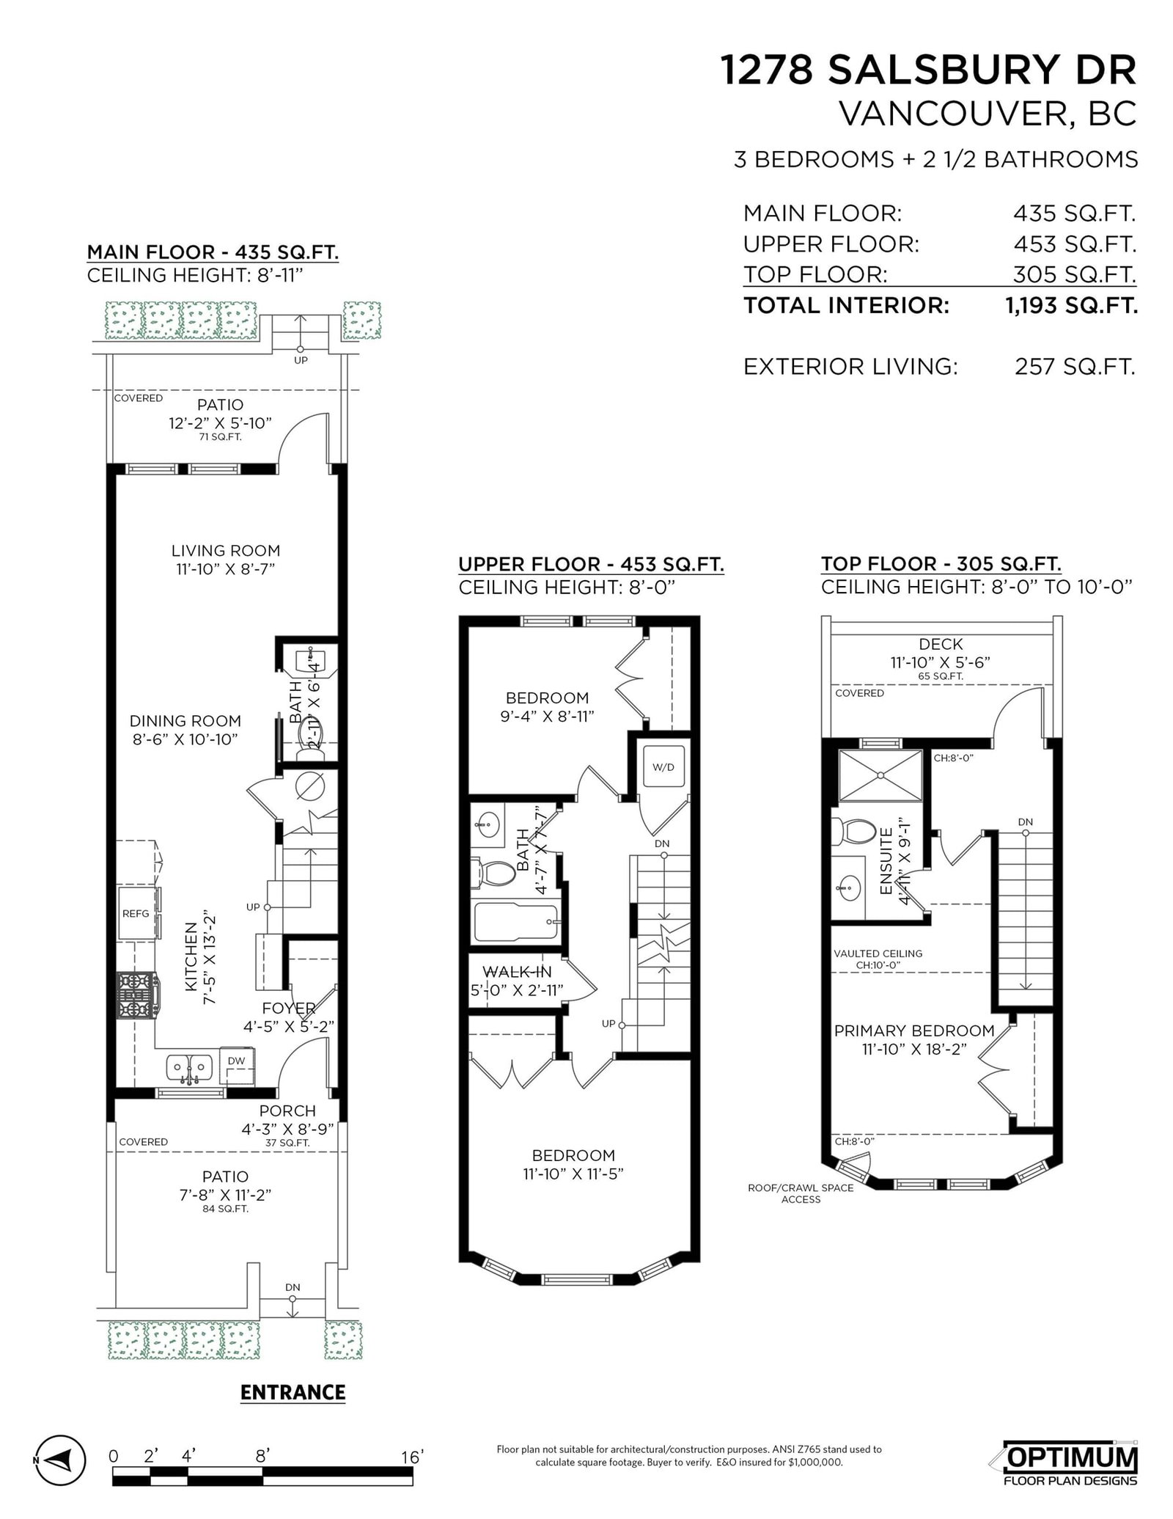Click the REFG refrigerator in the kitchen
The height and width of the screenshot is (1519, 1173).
coord(137,912)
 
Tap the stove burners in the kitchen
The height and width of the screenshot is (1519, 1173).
coord(136,995)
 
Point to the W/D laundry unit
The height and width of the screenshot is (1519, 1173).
coord(663,767)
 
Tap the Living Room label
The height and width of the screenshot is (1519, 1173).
coord(226,550)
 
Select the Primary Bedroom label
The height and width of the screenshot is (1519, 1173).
coord(914,1031)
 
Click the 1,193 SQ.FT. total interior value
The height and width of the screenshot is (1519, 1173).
coord(1071,305)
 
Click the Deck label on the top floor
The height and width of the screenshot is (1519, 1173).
coord(941,644)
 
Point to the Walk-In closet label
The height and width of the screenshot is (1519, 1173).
coord(517,972)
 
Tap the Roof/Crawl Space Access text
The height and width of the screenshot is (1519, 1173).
coord(801,1193)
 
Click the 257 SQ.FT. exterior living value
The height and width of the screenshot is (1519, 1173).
coord(1075,366)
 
